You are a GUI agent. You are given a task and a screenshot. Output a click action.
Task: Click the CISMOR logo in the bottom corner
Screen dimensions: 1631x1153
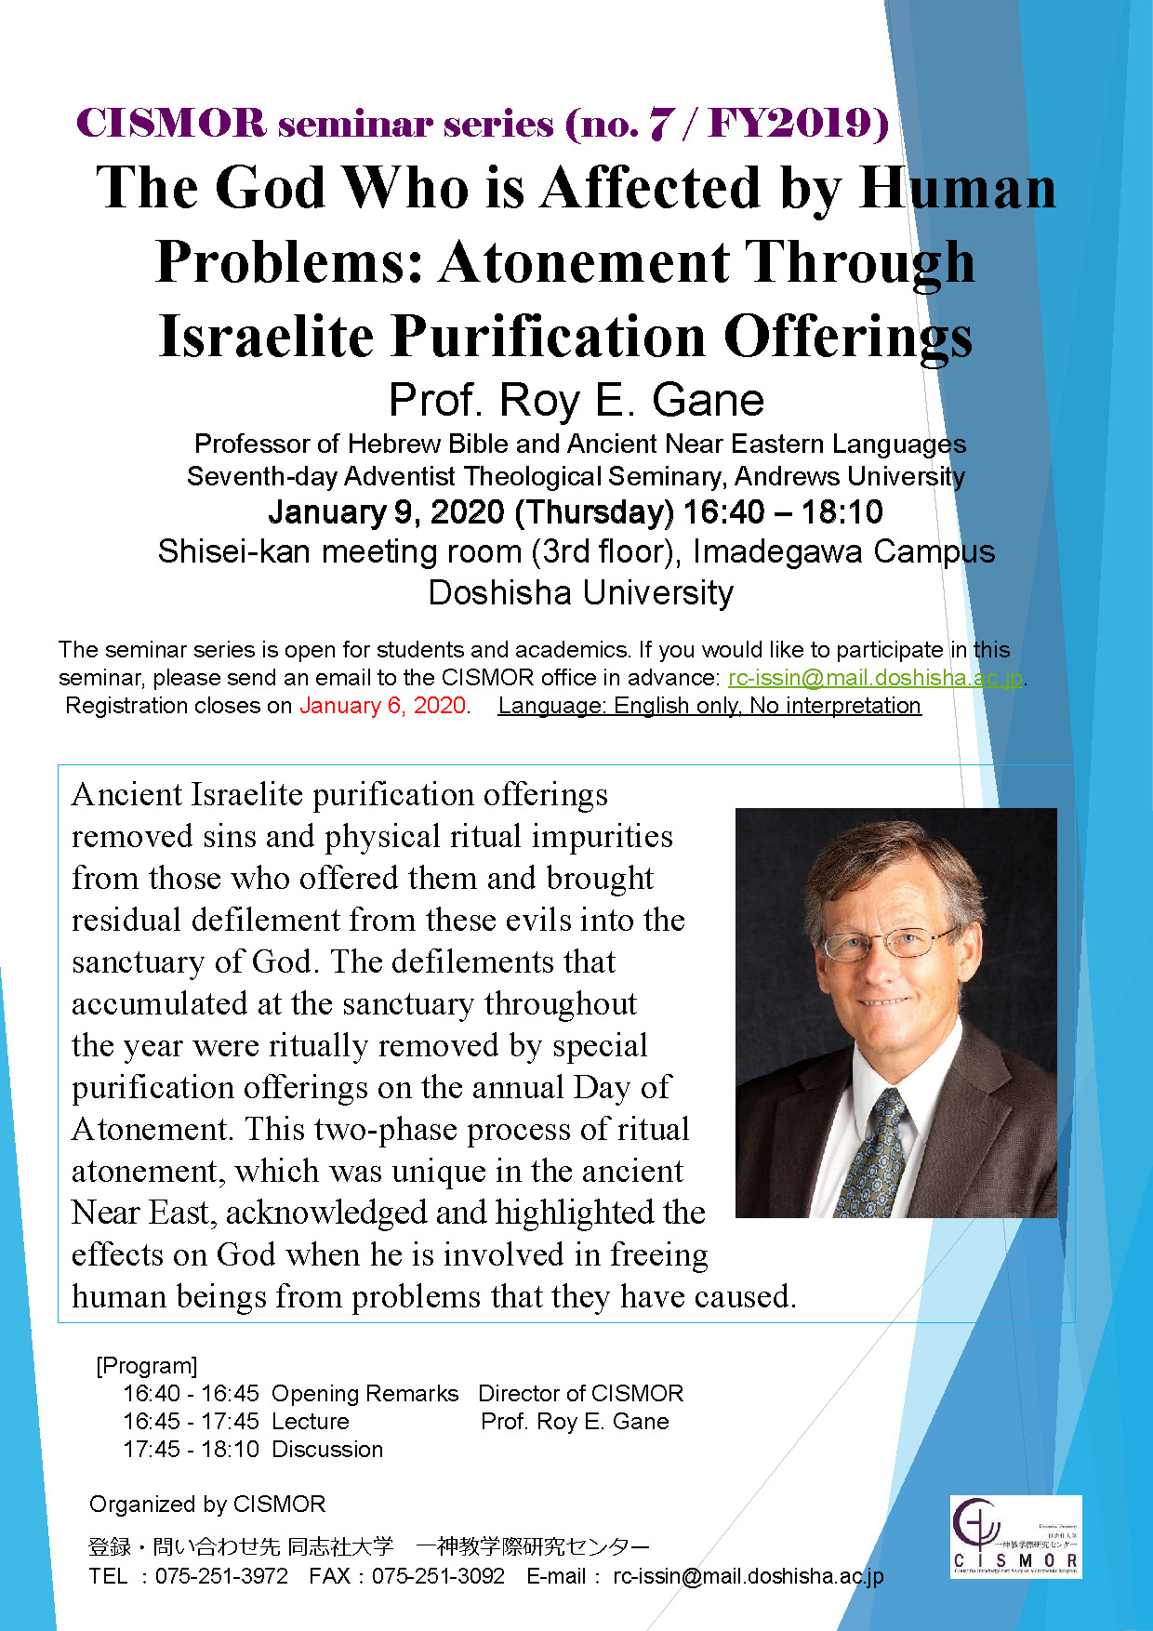(1015, 1536)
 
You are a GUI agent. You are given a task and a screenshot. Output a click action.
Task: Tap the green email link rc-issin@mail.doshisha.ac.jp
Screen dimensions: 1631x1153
(874, 678)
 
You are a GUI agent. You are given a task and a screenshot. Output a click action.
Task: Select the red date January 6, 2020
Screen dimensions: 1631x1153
(382, 706)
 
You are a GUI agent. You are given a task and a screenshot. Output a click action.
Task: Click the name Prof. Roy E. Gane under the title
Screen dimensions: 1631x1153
(576, 400)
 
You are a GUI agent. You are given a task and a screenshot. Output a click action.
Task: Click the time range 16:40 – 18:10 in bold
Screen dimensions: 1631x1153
(783, 512)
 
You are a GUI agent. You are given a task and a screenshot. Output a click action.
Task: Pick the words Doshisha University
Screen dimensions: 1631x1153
(580, 592)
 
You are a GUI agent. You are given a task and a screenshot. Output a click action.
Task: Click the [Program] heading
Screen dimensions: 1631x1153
(147, 1365)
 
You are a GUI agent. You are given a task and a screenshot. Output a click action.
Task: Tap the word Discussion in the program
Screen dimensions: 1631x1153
(327, 1449)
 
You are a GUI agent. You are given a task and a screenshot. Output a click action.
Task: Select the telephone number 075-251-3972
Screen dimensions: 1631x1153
(221, 1576)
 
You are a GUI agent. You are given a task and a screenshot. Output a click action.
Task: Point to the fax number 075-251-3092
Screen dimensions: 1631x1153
(438, 1576)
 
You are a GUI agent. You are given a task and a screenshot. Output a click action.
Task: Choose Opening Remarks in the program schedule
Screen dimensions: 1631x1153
(364, 1393)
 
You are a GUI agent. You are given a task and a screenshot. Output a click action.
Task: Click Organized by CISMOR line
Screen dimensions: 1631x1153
(207, 1504)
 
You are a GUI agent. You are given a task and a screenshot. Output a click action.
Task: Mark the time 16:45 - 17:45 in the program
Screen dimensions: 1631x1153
(191, 1421)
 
